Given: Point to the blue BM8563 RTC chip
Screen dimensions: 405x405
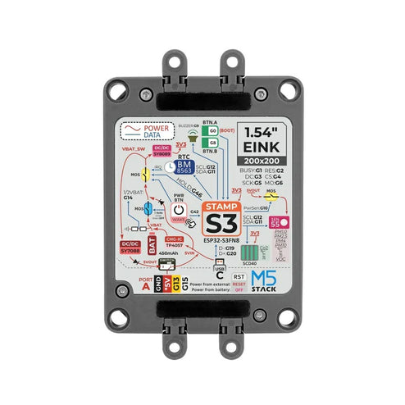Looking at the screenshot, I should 184,167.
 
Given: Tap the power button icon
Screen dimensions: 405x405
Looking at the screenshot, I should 180,211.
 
